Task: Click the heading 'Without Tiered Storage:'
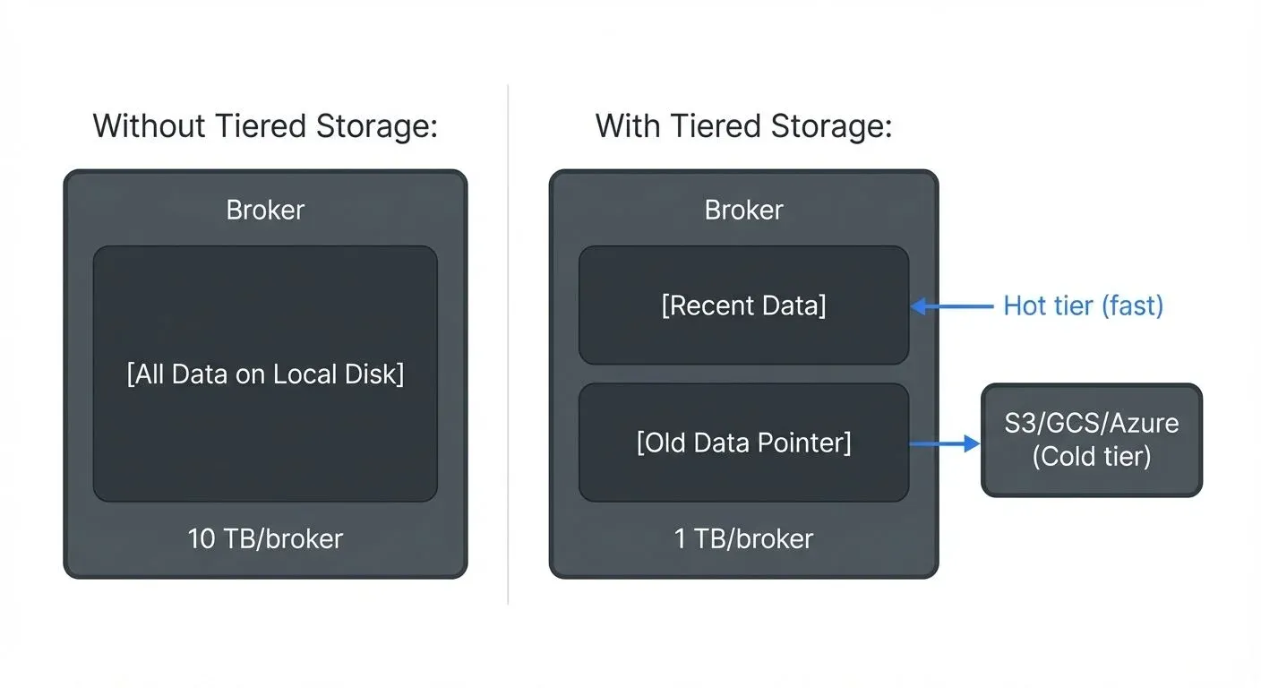265,126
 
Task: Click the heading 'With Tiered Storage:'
743,126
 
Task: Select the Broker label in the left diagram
265,210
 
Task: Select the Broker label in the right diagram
743,210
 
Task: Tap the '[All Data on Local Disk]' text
265,374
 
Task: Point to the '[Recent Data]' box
743,305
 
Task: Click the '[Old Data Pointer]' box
743,443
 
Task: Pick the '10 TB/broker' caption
265,538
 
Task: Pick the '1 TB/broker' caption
743,538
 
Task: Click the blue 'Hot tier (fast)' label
1083,306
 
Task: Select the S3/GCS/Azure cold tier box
1092,440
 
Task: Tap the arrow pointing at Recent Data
951,306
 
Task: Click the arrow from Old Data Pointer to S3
945,443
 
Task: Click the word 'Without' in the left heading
150,126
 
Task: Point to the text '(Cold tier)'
1092,457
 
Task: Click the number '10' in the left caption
202,538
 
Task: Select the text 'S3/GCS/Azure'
1092,422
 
